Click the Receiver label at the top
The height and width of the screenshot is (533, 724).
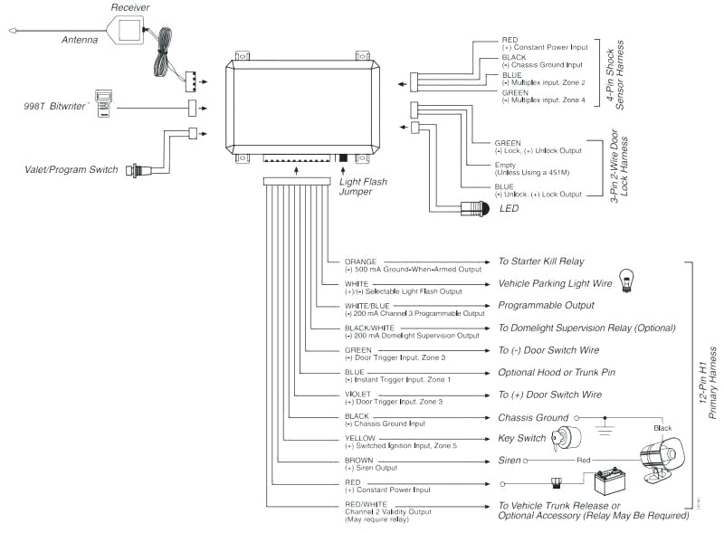(x=130, y=7)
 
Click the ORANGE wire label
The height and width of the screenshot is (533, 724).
(x=361, y=261)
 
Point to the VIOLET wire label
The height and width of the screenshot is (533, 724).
(x=359, y=394)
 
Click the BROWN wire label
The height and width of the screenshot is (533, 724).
(x=360, y=461)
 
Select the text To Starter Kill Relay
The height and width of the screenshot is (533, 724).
(x=540, y=262)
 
